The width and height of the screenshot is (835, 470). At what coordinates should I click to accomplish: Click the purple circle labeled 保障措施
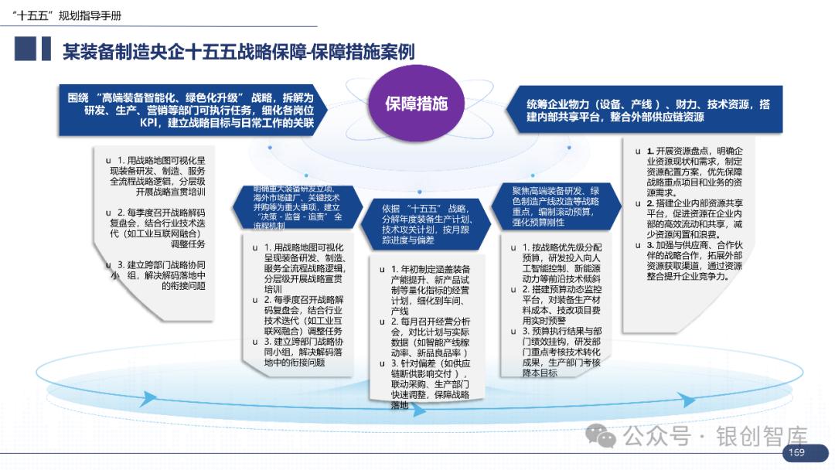tap(417, 104)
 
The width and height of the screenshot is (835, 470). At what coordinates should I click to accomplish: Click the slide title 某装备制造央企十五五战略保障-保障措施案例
tap(238, 52)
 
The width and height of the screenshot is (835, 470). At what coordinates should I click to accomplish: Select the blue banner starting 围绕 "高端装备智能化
tap(190, 110)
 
